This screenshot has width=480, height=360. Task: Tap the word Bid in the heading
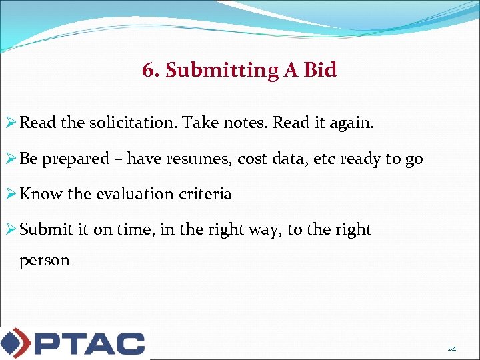[320, 69]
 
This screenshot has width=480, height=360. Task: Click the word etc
[321, 159]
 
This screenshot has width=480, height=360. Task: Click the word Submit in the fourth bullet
[45, 229]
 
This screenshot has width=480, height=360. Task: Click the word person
[45, 261]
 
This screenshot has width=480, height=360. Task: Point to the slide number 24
[451, 349]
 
